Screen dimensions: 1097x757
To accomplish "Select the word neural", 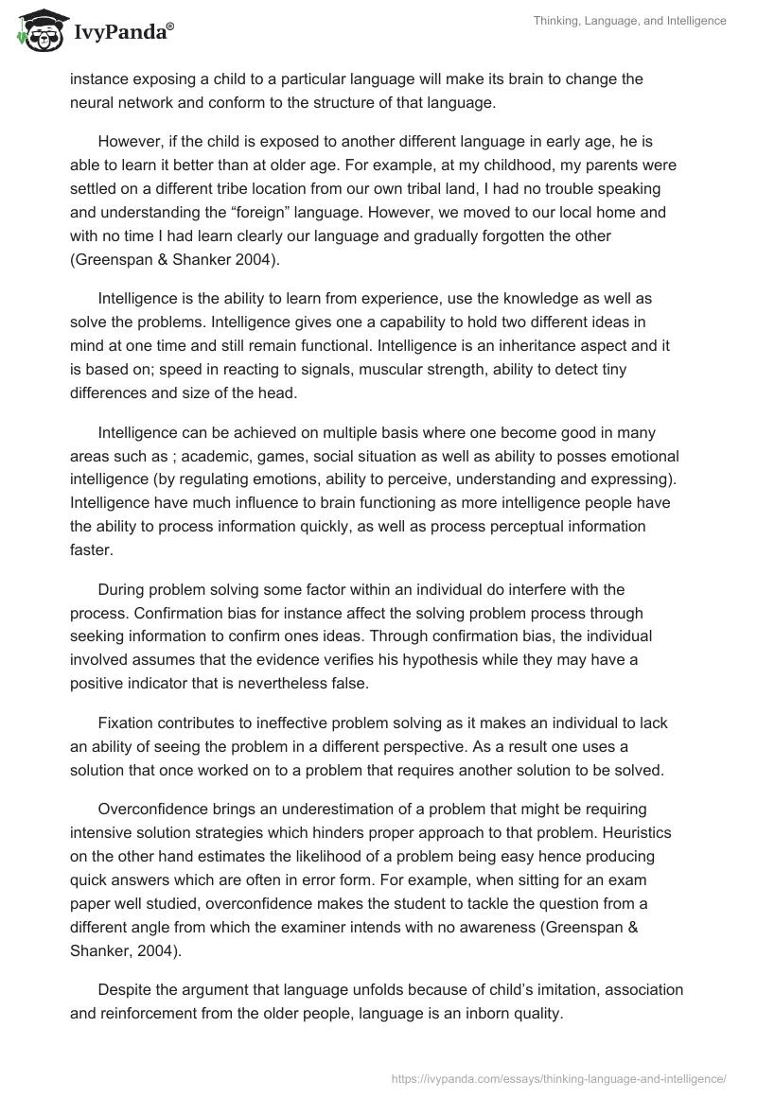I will pyautogui.click(x=91, y=100).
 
